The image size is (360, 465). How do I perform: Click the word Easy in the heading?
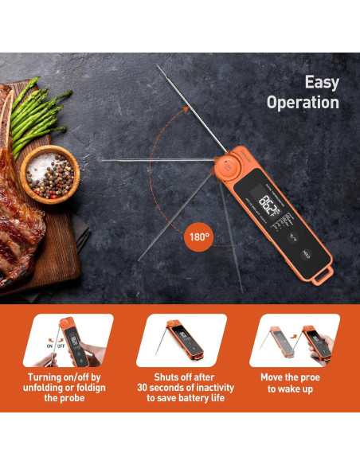pyautogui.click(x=322, y=83)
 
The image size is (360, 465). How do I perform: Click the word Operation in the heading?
pyautogui.click(x=303, y=103)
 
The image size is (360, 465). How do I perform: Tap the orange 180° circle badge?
pyautogui.click(x=198, y=236)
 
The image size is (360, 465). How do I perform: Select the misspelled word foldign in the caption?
pyautogui.click(x=85, y=388)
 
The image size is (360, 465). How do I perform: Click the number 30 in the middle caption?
pyautogui.click(x=147, y=388)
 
